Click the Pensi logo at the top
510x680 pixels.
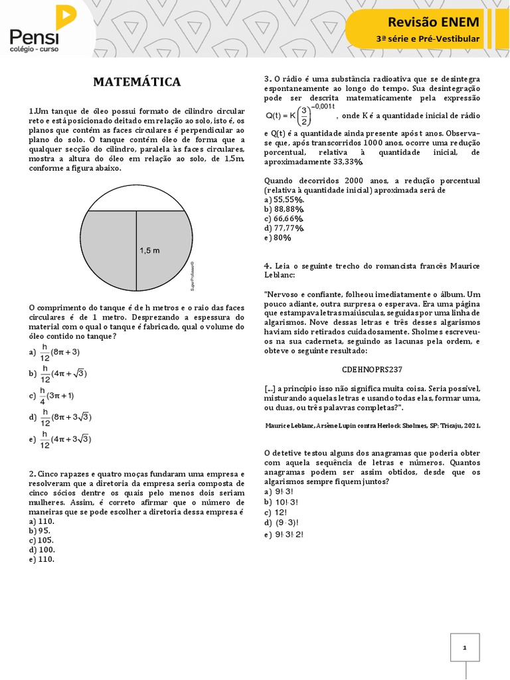(40, 30)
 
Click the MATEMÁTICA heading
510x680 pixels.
(137, 82)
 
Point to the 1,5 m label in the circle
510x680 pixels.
(150, 250)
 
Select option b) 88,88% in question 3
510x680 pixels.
(284, 209)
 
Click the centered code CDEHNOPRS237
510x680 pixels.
(372, 369)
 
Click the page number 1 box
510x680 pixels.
(465, 647)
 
